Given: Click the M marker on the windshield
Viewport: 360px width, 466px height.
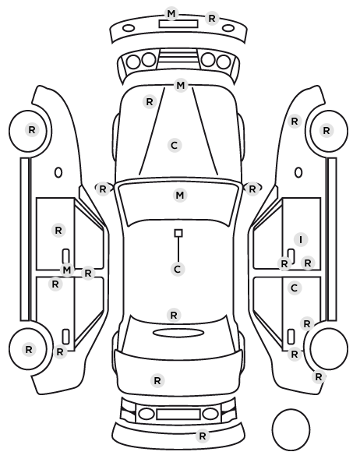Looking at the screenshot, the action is click(180, 196).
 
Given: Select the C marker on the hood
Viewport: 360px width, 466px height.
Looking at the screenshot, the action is click(175, 145).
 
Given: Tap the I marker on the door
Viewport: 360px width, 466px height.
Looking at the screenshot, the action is click(301, 239).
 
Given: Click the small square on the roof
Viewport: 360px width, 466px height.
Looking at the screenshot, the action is click(178, 233).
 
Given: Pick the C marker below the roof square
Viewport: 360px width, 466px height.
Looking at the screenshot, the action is click(178, 270).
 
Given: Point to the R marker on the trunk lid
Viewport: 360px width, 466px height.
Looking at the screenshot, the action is click(157, 380).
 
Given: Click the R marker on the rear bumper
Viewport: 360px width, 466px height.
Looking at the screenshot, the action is click(203, 436).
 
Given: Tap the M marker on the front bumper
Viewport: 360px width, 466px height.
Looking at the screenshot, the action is click(171, 14).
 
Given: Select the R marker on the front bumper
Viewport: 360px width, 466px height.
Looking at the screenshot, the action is click(212, 19).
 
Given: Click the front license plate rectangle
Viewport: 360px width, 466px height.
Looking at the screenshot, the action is click(178, 24).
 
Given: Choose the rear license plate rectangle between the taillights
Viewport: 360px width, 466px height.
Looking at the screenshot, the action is click(178, 414).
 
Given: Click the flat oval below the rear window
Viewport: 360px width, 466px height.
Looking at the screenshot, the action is click(178, 333).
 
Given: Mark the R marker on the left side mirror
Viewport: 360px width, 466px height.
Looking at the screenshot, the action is click(103, 189).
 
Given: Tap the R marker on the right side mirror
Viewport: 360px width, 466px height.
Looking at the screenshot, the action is click(252, 189).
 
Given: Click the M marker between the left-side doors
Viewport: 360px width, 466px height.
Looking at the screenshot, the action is click(67, 270).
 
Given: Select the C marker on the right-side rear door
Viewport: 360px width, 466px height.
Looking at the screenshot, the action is click(295, 288).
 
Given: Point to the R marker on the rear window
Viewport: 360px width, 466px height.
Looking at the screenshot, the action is click(174, 315).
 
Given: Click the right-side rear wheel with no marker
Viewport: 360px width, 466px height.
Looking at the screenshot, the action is click(329, 348).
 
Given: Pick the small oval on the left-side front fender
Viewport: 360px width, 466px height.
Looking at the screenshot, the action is click(58, 172).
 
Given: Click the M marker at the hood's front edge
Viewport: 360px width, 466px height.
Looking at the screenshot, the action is click(181, 86).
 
